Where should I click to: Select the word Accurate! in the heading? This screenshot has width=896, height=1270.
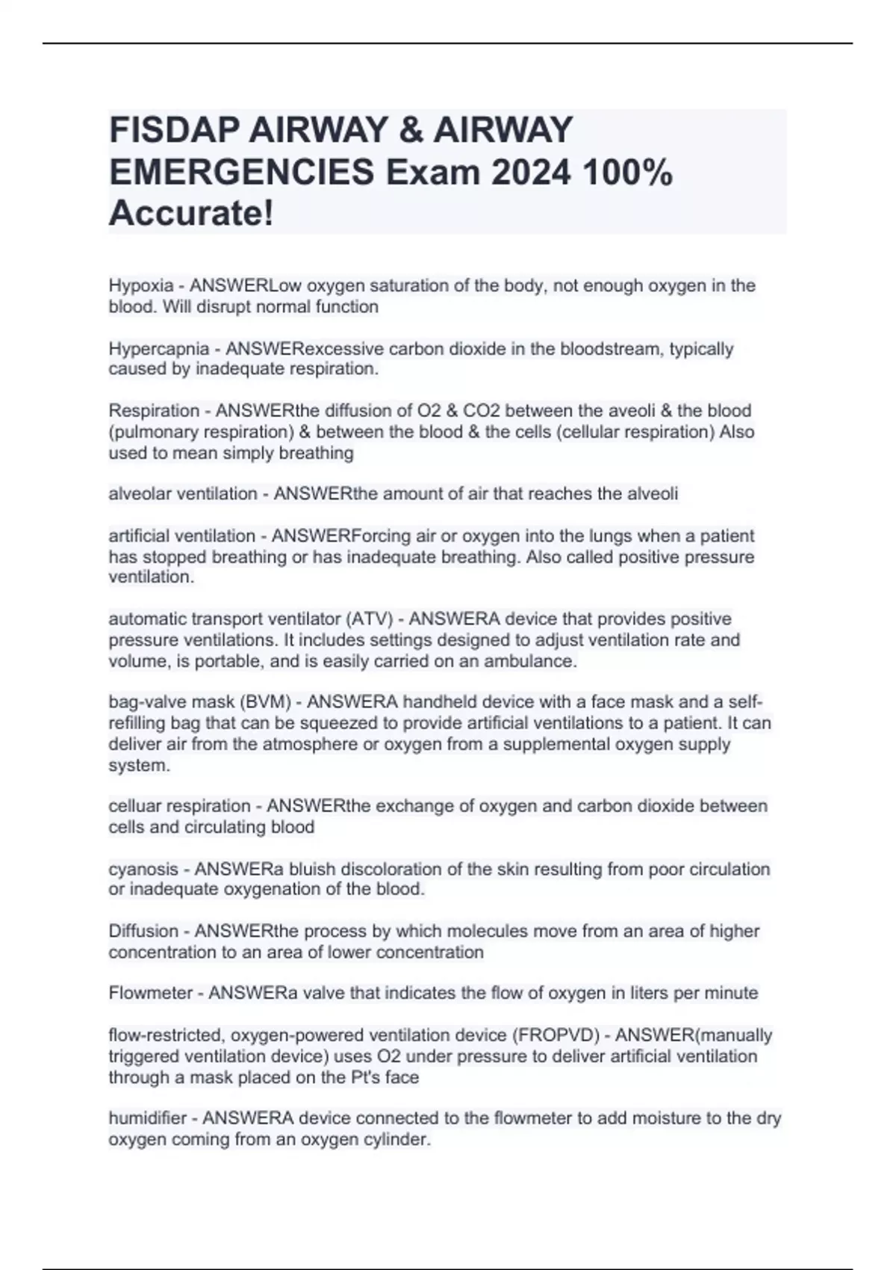click(x=191, y=214)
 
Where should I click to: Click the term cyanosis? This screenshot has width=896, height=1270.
click(x=143, y=869)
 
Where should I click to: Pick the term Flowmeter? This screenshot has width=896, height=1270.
click(x=151, y=993)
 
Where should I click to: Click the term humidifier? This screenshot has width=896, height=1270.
click(x=147, y=1118)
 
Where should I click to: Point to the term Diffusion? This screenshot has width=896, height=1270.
click(x=143, y=931)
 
